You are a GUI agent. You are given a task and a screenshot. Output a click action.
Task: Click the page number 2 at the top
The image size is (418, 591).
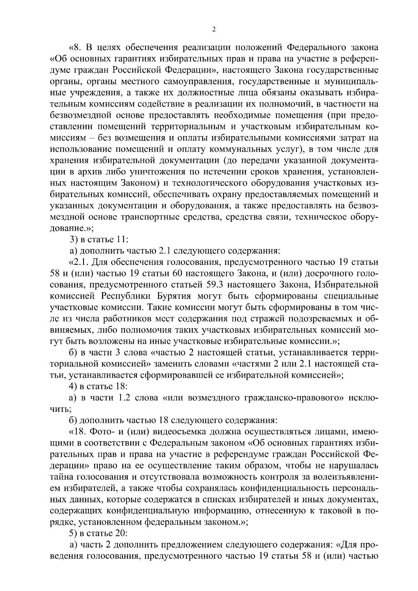[x=214, y=30]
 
